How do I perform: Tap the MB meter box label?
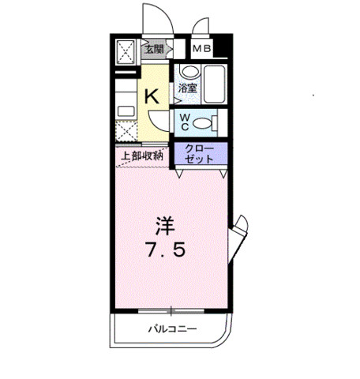click(202, 50)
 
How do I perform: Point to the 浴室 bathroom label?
click(187, 91)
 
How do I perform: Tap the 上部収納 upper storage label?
click(141, 156)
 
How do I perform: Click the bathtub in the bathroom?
click(214, 84)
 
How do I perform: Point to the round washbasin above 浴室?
click(186, 72)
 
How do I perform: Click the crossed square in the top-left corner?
click(126, 54)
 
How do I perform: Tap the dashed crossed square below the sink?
click(126, 132)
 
